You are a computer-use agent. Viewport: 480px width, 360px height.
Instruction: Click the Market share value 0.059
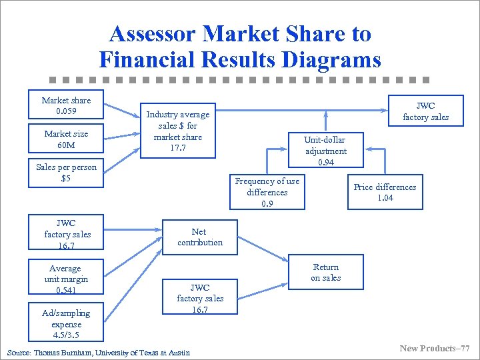pos(66,111)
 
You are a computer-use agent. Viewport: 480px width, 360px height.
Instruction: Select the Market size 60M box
pos(66,139)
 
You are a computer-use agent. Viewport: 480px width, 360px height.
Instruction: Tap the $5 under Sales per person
pos(66,179)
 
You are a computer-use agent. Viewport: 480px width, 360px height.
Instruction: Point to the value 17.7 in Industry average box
pos(178,147)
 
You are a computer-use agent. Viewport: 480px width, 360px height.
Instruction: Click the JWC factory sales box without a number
pos(425,111)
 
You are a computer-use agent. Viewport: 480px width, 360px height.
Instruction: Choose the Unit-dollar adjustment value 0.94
pos(326,162)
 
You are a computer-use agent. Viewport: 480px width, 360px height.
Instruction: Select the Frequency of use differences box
pos(267,192)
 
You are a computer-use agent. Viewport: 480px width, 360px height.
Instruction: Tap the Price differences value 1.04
pos(385,198)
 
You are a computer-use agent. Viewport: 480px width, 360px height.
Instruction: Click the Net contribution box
pos(199,237)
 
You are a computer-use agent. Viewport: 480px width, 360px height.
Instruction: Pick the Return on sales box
pos(325,272)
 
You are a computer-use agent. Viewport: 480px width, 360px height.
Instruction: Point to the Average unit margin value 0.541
pos(65,290)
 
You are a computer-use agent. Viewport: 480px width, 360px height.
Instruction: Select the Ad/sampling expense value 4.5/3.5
pos(66,335)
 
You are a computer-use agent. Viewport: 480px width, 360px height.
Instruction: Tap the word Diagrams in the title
pos(331,60)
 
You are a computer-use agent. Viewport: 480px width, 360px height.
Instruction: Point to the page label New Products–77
pos(434,348)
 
